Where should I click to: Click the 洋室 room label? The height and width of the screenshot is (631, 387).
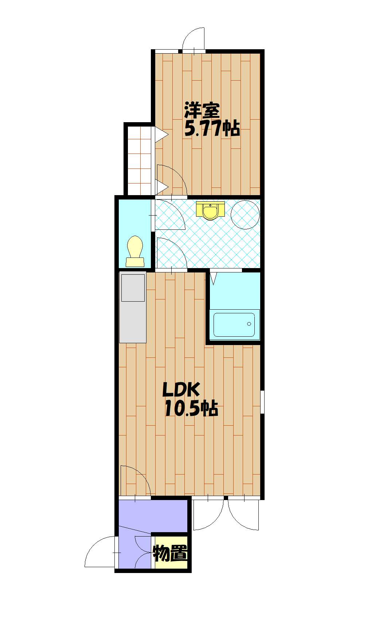[202, 111]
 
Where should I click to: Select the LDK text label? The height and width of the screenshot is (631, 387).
[181, 390]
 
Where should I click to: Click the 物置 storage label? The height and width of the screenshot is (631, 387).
[171, 553]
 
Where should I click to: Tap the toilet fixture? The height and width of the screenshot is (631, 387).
[135, 251]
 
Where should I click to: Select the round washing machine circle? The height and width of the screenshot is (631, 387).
[245, 215]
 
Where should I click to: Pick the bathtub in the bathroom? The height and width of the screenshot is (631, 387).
[234, 325]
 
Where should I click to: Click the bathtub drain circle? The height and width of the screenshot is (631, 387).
[249, 324]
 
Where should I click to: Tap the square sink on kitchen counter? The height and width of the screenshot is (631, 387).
[133, 288]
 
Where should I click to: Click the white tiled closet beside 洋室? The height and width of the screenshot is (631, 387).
[139, 161]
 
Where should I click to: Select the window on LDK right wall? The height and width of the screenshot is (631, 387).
[262, 402]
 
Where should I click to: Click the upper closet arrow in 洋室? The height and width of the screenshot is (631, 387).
[161, 135]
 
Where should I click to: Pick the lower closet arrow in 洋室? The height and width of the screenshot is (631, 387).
[161, 187]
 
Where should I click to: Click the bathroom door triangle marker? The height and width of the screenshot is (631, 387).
[213, 278]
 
